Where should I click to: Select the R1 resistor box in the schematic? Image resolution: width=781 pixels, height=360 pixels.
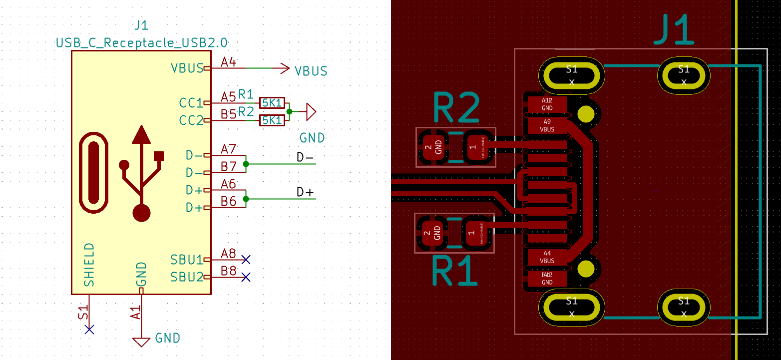point(272,103)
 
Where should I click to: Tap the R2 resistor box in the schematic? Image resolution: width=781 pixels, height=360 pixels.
point(272,120)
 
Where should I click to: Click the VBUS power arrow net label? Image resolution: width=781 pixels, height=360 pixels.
point(311,71)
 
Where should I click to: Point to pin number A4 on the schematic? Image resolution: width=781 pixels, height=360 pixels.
point(228,62)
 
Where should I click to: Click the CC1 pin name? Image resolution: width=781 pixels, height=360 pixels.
point(191,103)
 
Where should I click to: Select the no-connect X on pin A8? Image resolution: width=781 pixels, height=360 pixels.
point(245,259)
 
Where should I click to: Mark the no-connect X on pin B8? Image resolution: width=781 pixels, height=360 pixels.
point(245,277)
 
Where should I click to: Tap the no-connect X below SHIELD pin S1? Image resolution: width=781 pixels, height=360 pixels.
point(89,329)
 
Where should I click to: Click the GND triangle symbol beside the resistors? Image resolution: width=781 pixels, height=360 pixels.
point(310,112)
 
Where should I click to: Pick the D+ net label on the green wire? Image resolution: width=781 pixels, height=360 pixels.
point(306,192)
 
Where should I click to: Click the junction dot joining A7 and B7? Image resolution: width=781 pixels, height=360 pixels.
point(245,164)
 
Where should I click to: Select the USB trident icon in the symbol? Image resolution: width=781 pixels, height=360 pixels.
point(142,172)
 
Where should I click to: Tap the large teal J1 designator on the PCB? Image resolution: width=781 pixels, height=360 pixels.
point(674,31)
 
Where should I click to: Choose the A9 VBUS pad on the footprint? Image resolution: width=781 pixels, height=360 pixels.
point(547,125)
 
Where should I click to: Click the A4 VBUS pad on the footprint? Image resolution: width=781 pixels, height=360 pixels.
point(547,257)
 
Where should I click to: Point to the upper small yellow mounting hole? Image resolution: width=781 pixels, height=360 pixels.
point(585,114)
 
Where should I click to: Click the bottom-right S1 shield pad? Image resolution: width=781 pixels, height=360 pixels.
point(683,307)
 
